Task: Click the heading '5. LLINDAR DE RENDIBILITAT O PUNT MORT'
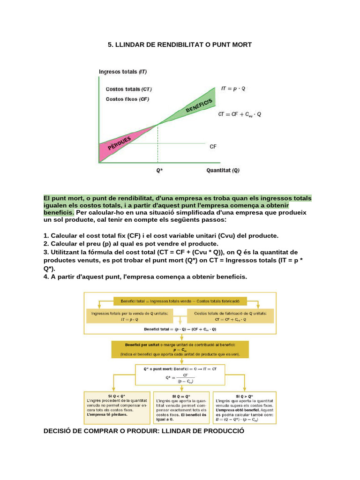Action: [x=180, y=45]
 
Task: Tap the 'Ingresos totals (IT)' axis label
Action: [x=123, y=72]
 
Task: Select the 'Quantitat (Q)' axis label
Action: [x=223, y=171]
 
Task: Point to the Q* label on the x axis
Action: [x=159, y=171]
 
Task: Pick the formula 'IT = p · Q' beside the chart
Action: [x=233, y=88]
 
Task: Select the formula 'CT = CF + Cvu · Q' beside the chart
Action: [x=240, y=114]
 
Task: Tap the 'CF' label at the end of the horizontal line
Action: [x=213, y=147]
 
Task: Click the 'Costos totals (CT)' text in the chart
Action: [x=128, y=89]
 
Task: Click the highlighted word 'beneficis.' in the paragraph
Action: [x=59, y=212]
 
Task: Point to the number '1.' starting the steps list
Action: [x=46, y=235]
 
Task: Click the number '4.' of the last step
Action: [x=46, y=277]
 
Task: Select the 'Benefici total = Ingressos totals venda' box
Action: [x=180, y=300]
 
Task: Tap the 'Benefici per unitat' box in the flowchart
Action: [x=180, y=349]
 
